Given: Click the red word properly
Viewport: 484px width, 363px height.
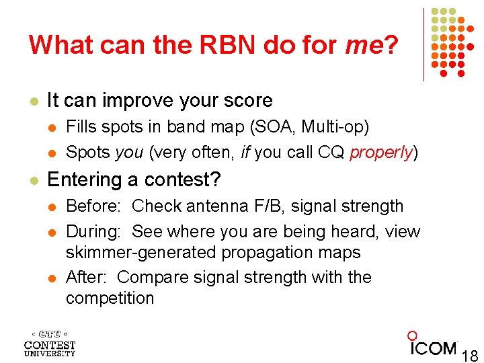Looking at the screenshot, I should [380, 153].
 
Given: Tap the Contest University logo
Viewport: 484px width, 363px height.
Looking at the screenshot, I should [50, 343].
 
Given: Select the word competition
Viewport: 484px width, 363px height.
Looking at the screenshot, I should [110, 298].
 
